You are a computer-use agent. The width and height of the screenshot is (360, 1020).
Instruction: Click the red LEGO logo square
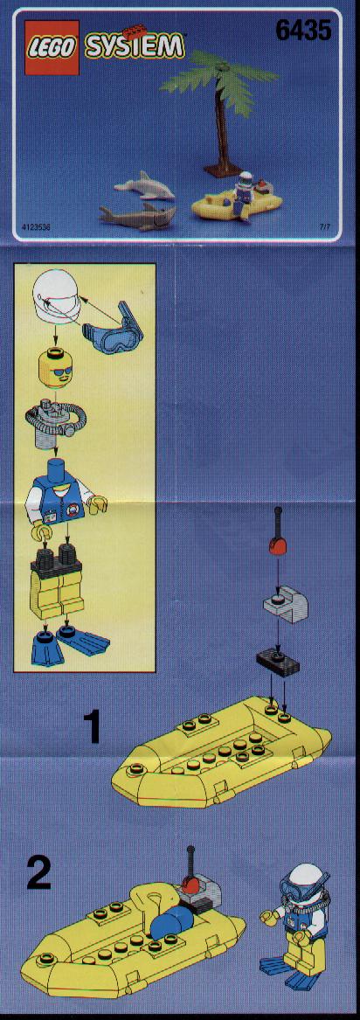[x=52, y=47]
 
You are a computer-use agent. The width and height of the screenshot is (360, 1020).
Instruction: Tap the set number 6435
[x=303, y=30]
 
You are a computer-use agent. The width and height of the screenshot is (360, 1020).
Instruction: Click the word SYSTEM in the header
[x=135, y=46]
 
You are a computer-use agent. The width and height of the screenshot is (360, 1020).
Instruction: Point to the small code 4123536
[x=37, y=228]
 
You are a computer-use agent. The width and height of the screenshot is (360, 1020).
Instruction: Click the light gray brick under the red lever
[x=285, y=603]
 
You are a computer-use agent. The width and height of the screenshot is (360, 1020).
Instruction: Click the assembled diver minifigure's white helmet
[x=301, y=878]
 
